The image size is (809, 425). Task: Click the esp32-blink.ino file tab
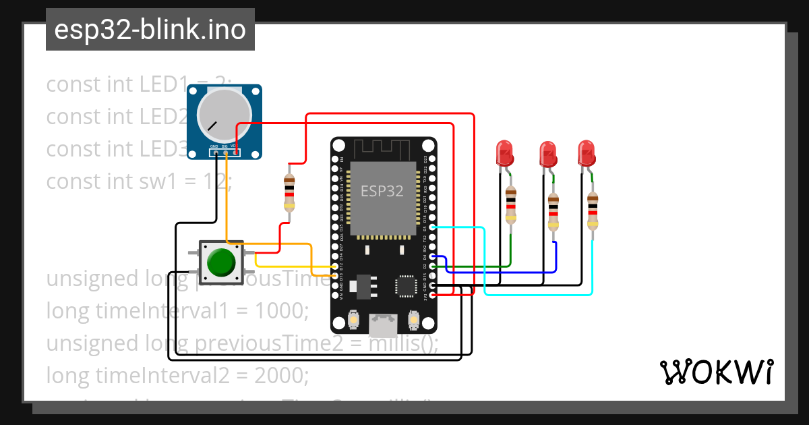coord(150,30)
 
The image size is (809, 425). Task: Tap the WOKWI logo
coord(715,372)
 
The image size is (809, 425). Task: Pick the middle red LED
coord(548,154)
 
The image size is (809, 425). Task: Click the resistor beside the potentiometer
coord(289,193)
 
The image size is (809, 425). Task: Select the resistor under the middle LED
coord(553,211)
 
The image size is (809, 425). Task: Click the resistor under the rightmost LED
coord(592,211)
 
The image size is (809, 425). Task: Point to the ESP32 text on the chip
coord(382,191)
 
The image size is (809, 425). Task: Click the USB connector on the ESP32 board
coord(384,327)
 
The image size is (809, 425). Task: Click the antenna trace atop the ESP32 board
coord(383,148)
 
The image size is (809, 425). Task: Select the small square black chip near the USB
coord(407,286)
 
